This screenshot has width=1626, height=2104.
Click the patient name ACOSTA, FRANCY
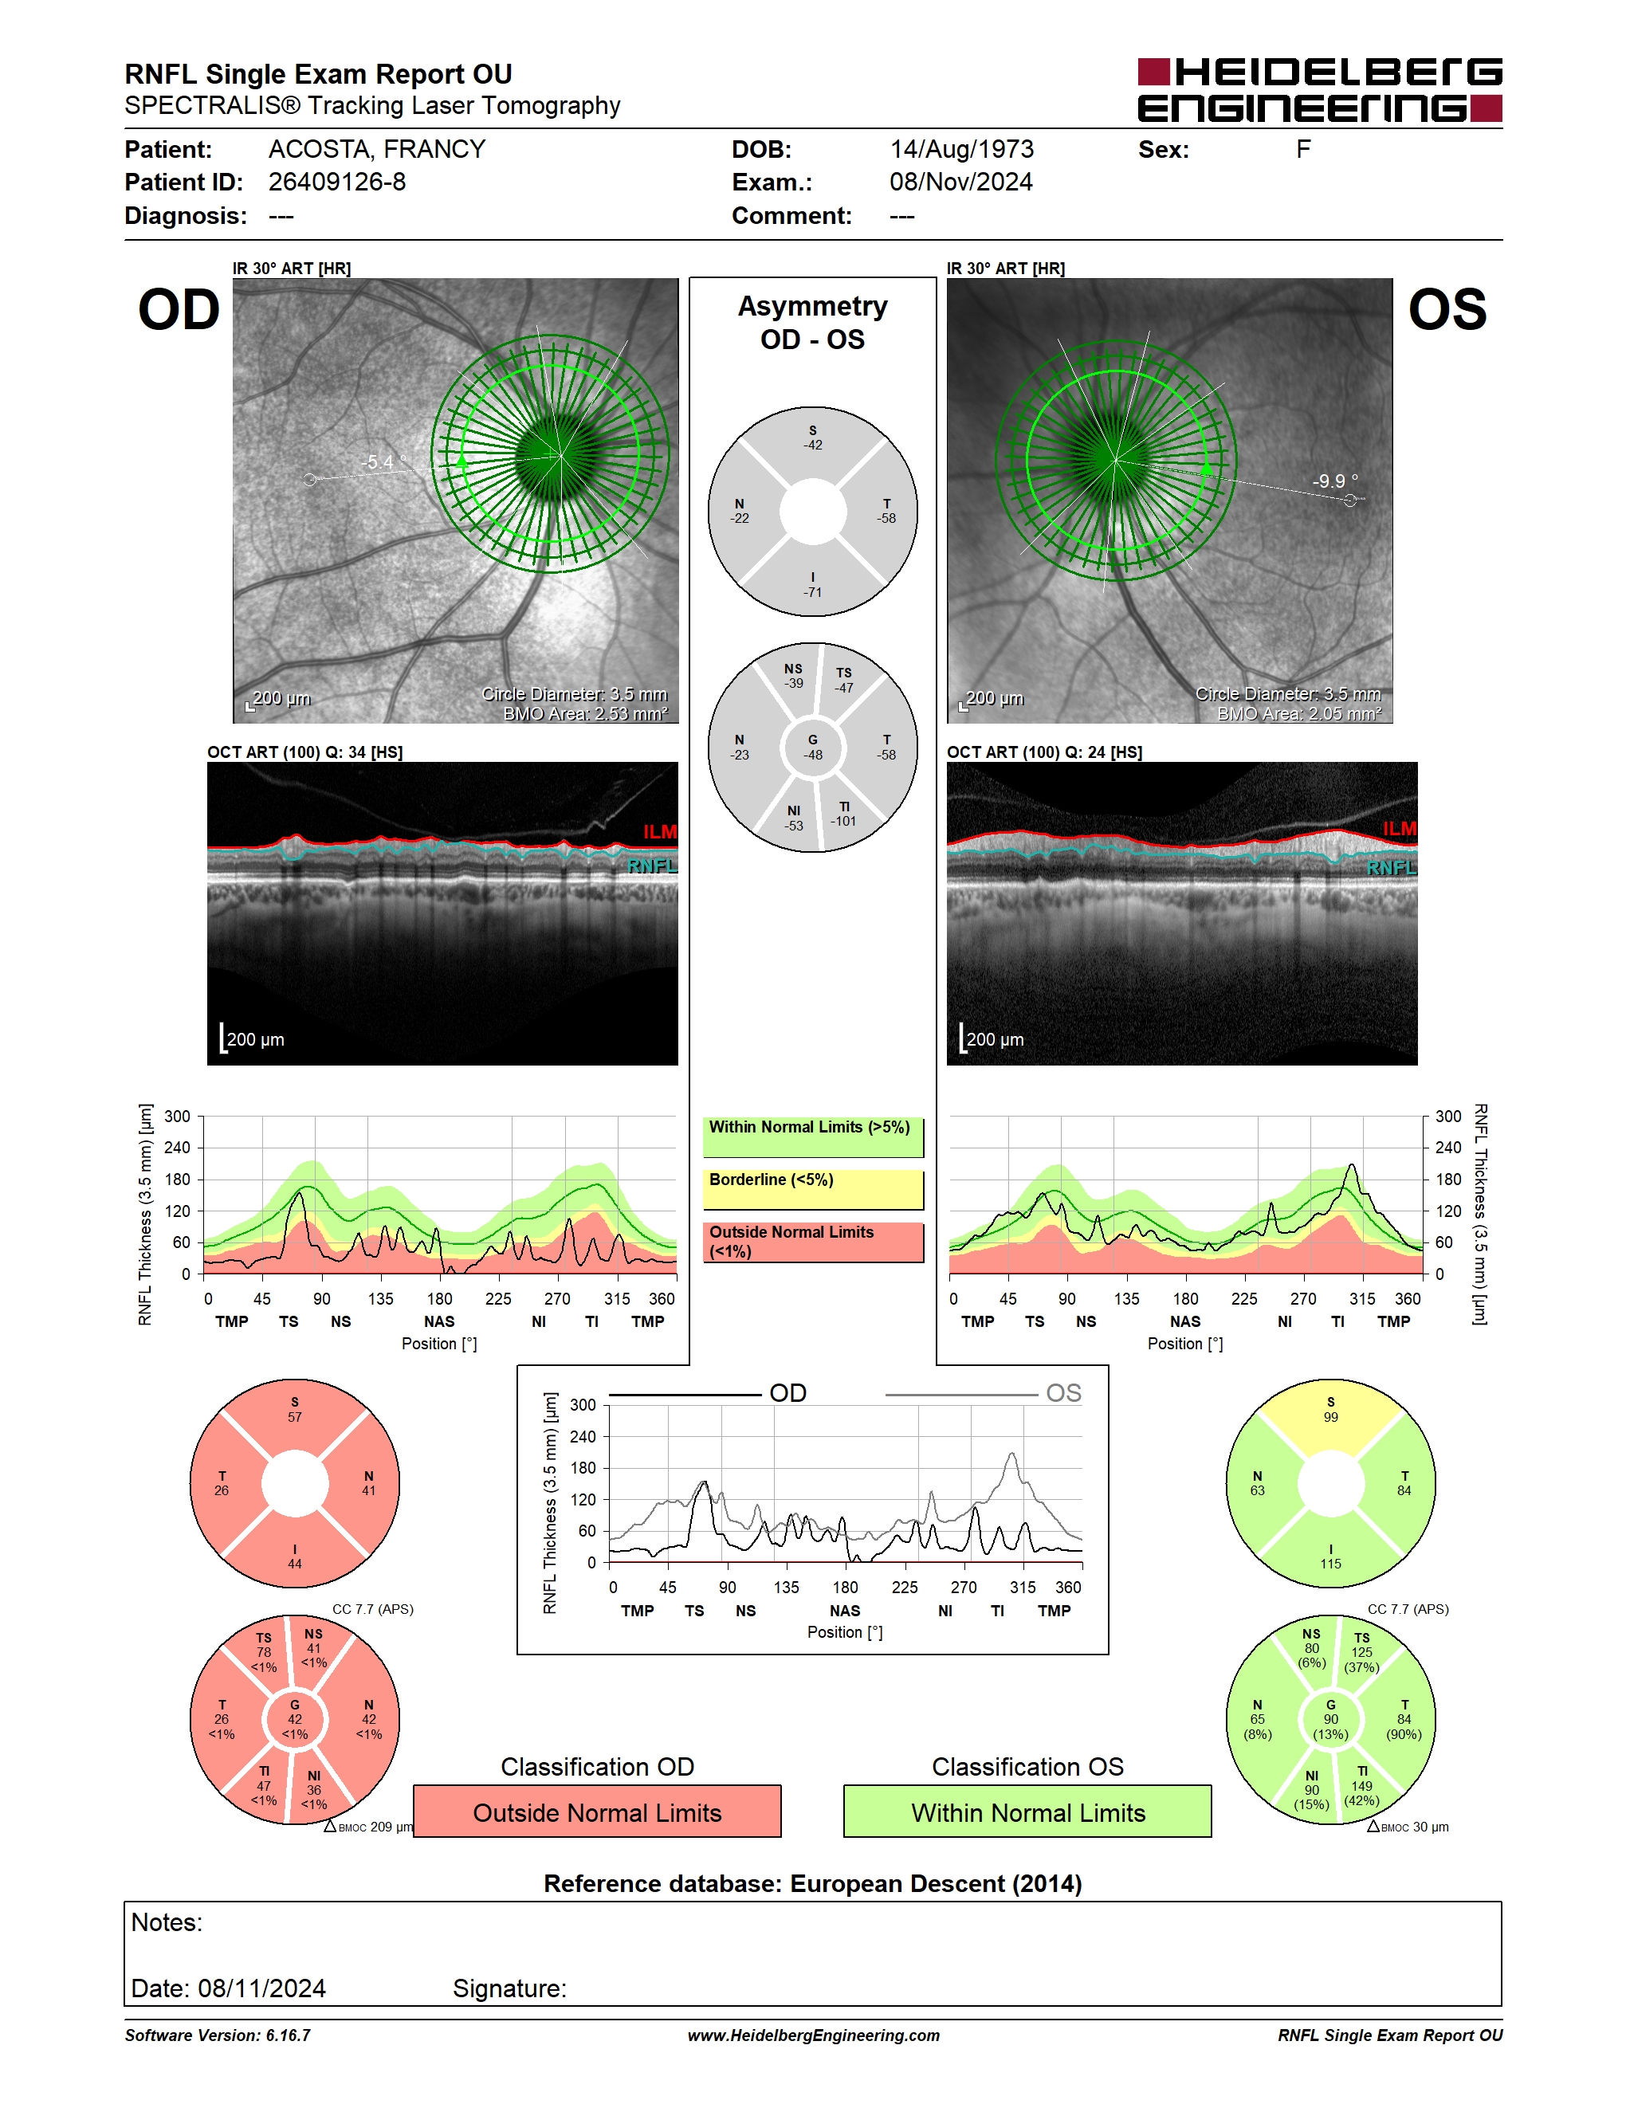pyautogui.click(x=377, y=149)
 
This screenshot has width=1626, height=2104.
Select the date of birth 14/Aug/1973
pyautogui.click(x=961, y=149)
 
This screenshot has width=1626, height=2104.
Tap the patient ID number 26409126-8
pyautogui.click(x=337, y=182)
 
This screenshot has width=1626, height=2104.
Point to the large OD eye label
pyautogui.click(x=179, y=310)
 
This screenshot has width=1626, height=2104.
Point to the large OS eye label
pyautogui.click(x=1447, y=310)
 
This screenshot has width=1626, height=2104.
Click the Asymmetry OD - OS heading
pyautogui.click(x=813, y=323)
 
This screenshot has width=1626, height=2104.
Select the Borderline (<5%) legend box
pyautogui.click(x=813, y=1190)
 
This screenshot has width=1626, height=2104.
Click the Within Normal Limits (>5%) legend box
pyautogui.click(x=813, y=1136)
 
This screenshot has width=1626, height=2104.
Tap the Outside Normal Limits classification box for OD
pyautogui.click(x=597, y=1812)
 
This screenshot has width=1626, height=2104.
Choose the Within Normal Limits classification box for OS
pyautogui.click(x=1028, y=1812)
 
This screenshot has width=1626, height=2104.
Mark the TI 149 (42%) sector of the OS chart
pyautogui.click(x=1363, y=1787)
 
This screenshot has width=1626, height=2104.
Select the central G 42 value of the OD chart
pyautogui.click(x=295, y=1720)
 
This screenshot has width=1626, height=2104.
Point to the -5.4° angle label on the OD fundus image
pyautogui.click(x=383, y=462)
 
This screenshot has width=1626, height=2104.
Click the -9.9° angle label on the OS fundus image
pyautogui.click(x=1335, y=481)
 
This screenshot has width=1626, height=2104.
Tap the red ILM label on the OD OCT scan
pyautogui.click(x=660, y=831)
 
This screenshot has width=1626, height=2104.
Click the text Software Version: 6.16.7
pyautogui.click(x=218, y=2035)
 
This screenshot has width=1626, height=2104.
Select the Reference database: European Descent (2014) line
pyautogui.click(x=813, y=1883)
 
